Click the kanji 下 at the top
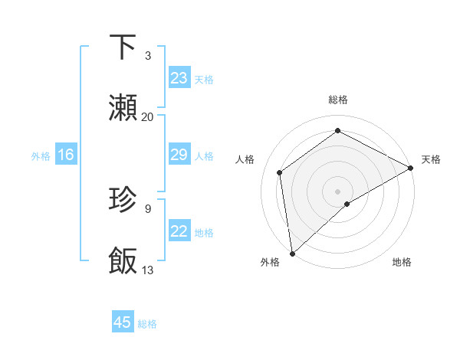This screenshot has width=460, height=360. coord(123,47)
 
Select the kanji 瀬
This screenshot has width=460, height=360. coord(123,108)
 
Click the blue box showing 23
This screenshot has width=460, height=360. coord(179,78)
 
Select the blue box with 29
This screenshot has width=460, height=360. coord(179,155)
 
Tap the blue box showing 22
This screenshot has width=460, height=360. coord(179,231)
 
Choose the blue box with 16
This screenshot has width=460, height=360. coord(66,155)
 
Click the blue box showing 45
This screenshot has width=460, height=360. coord(123,322)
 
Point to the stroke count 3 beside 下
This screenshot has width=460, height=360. coord(148,56)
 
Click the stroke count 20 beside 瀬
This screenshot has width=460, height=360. coord(148,116)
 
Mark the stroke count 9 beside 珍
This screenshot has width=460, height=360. coord(148,208)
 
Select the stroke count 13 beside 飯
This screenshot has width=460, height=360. coord(148,270)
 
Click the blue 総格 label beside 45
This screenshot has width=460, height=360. coord(147,324)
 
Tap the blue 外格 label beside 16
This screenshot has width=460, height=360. coord(41,156)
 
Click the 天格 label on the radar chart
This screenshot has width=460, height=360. coord(431,159)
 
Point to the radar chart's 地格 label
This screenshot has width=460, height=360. coord(402,262)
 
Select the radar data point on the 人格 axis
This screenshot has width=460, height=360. coord(280,172)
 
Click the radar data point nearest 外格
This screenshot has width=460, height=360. coord(292,253)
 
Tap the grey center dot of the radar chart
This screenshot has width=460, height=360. coord(337,191)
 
